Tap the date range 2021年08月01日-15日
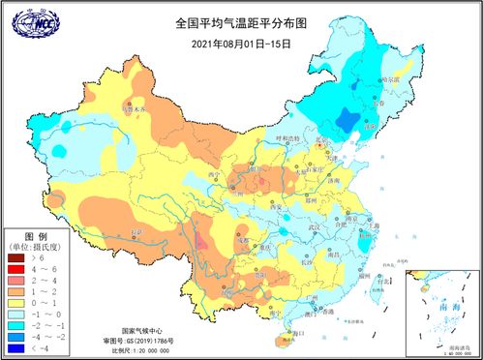click(241, 44)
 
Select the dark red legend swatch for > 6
click(15, 258)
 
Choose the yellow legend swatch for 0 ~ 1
click(15, 303)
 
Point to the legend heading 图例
click(35, 236)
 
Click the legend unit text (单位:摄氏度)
click(37, 247)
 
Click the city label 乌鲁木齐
click(136, 111)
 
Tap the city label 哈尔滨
click(387, 77)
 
